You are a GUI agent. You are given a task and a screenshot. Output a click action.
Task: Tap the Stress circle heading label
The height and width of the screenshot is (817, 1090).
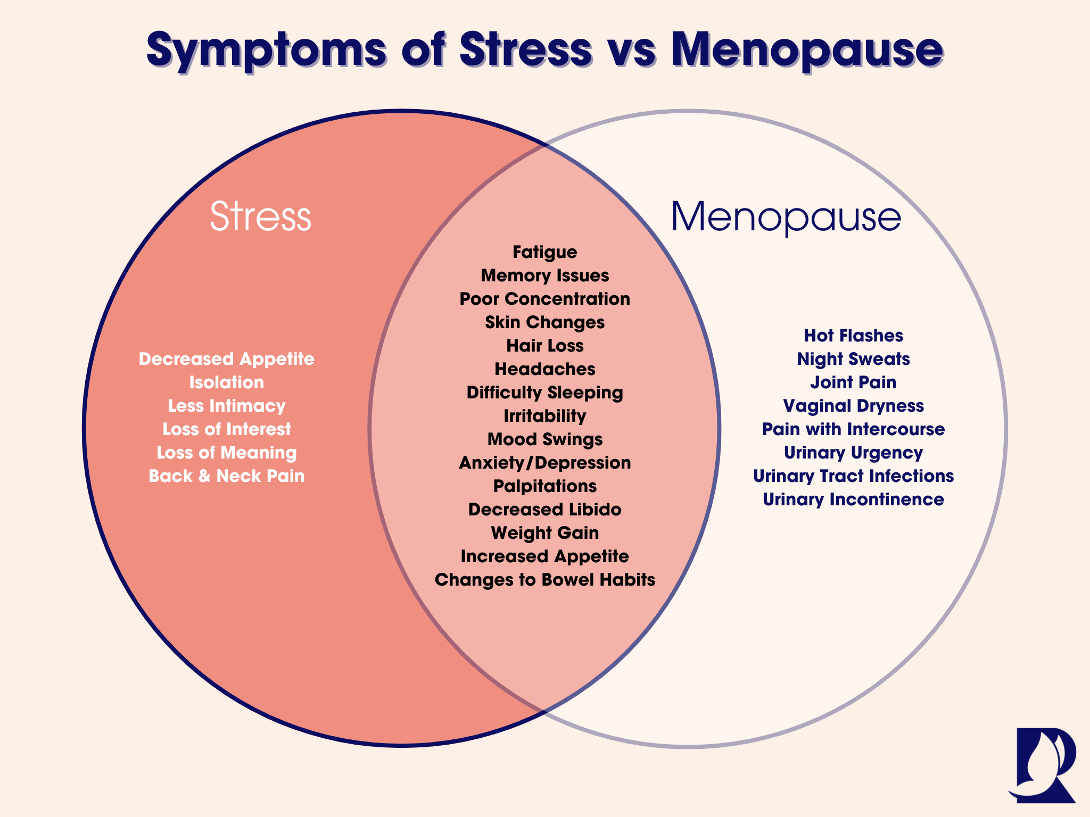[x=260, y=217]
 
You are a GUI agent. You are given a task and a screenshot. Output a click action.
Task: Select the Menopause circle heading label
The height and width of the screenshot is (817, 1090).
[x=786, y=217]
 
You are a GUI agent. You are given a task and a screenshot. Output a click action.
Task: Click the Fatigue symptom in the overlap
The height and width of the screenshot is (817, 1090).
[x=544, y=252]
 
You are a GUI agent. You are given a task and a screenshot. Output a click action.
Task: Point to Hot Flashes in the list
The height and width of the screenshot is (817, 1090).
[x=853, y=336]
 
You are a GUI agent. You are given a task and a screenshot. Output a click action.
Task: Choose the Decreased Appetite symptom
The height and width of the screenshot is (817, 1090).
[x=227, y=359]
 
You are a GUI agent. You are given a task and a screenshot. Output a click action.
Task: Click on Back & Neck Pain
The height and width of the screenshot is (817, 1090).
[x=227, y=476]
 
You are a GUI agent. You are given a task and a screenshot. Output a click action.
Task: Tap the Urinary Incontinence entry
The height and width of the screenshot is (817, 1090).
[x=853, y=499]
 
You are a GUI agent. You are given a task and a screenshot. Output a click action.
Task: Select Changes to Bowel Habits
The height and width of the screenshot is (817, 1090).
[x=544, y=580]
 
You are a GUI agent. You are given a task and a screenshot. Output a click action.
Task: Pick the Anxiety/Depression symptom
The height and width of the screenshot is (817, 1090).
[x=544, y=463]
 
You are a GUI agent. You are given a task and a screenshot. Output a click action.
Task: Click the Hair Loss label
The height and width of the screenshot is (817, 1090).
[x=544, y=346]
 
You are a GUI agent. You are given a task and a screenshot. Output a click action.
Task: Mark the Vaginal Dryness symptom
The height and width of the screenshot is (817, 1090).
[x=853, y=406]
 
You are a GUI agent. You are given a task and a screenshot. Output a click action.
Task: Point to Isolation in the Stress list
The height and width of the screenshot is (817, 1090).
[x=227, y=382]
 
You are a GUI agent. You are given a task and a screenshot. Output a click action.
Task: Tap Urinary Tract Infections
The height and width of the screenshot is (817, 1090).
[x=853, y=476]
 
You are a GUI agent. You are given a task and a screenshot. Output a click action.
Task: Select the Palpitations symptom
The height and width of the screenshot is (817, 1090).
[x=544, y=486]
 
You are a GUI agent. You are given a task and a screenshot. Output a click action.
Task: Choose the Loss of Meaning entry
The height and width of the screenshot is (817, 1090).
[x=227, y=453]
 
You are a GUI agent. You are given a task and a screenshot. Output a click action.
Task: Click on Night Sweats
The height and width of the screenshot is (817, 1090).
[x=853, y=359]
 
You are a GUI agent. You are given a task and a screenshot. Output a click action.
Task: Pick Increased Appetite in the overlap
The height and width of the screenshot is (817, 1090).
[x=544, y=556]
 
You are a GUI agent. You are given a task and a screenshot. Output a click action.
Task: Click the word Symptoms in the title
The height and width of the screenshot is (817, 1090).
[x=266, y=51]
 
